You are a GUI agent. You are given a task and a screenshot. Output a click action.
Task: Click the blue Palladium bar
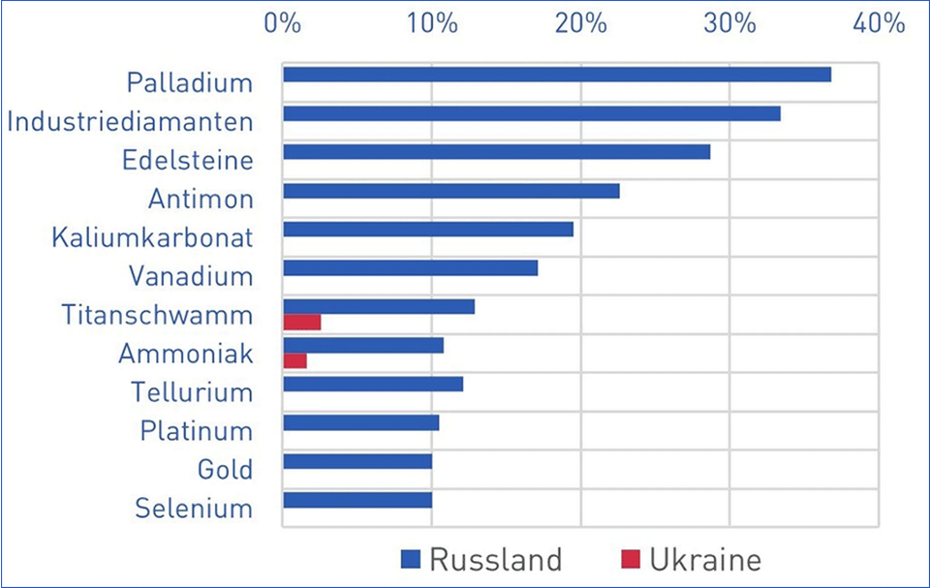(557, 75)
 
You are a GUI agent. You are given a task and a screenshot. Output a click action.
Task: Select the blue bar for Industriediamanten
(532, 113)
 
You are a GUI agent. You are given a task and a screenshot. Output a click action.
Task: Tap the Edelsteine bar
(496, 152)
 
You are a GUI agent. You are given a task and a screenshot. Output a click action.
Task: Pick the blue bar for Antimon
(451, 191)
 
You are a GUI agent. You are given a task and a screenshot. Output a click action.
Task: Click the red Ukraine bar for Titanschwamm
(301, 322)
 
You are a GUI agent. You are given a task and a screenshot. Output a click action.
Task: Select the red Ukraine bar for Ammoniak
(294, 360)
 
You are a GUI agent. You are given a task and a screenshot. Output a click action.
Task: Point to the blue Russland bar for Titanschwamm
(379, 306)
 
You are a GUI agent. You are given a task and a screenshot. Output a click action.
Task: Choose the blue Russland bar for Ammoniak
(363, 345)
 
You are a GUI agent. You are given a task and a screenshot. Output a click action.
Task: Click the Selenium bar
(357, 500)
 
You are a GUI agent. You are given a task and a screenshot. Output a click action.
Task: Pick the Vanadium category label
(190, 276)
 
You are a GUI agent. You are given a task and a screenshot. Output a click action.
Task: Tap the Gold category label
(224, 470)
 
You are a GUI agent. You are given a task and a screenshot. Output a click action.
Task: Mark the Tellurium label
(192, 392)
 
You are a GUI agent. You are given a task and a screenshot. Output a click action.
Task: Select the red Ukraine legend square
(632, 559)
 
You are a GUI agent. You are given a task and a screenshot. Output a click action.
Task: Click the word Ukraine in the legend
(705, 559)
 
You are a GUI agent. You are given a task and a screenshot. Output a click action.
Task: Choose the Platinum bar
(360, 422)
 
